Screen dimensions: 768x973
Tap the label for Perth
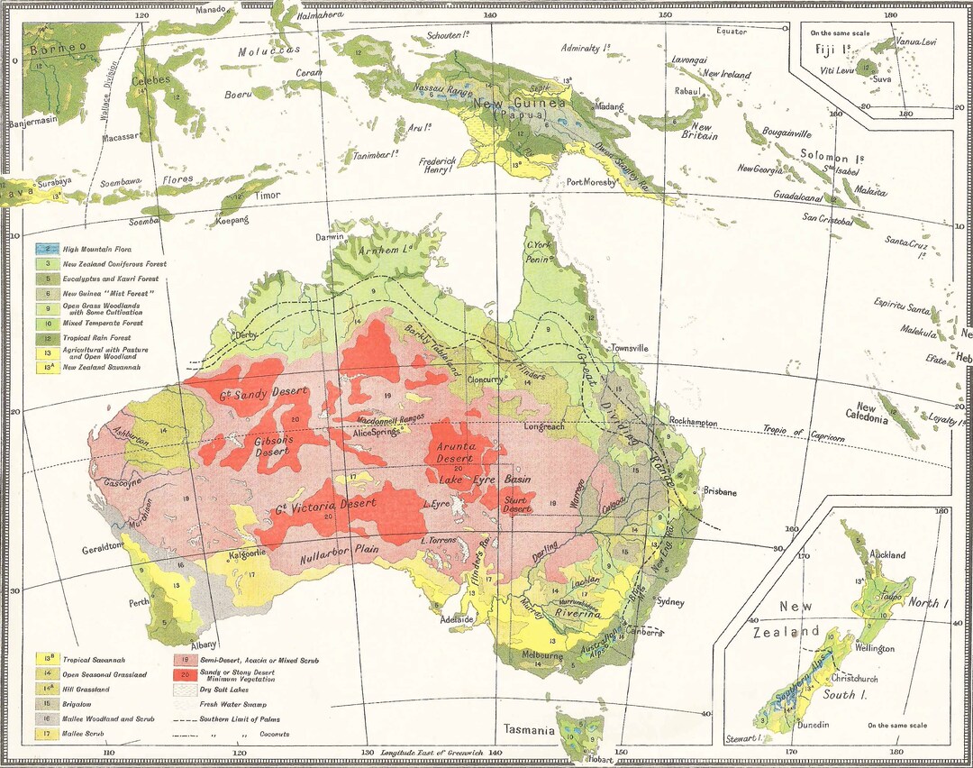[139, 602]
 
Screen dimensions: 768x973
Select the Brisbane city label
[720, 493]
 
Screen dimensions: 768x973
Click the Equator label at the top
[732, 32]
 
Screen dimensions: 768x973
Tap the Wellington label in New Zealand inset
[876, 648]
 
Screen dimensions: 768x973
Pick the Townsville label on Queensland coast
[627, 347]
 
